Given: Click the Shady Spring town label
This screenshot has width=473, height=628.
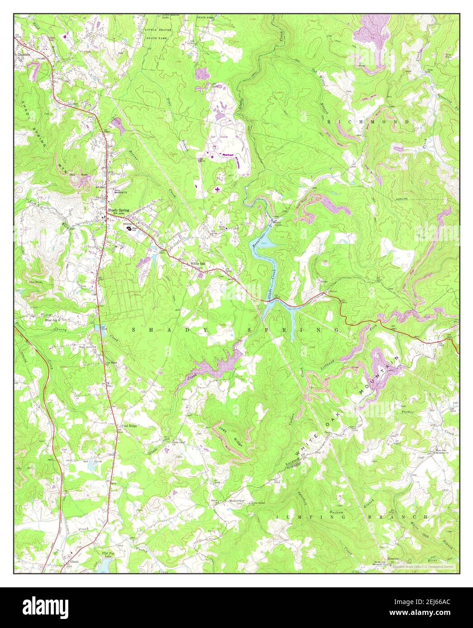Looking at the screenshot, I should [118, 210].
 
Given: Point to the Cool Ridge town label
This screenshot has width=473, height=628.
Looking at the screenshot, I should [129, 426].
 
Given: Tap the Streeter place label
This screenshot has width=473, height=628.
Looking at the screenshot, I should [393, 558].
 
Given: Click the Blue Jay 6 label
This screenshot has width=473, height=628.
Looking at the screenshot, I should [52, 320].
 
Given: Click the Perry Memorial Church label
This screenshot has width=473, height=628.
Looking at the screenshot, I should [119, 192].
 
